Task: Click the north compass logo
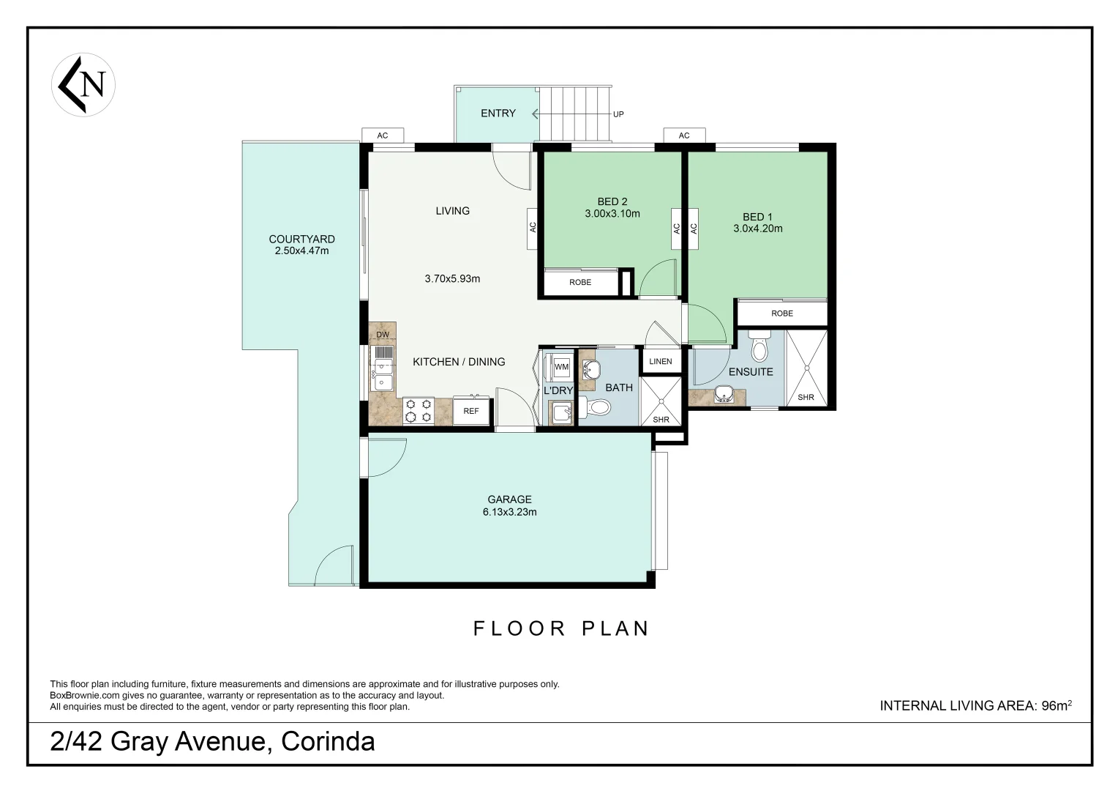[x=83, y=84]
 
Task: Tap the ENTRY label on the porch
[x=498, y=114]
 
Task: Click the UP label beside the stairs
[x=618, y=114]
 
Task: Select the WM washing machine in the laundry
[x=561, y=366]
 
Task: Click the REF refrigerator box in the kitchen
[x=471, y=411]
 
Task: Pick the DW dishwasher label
[x=382, y=335]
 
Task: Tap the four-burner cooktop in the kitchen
[x=419, y=410]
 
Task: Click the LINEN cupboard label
[x=660, y=362]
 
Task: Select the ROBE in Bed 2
[x=579, y=283]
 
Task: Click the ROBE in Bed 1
[x=781, y=313]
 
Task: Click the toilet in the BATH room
[x=596, y=407]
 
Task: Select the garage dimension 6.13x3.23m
[x=509, y=512]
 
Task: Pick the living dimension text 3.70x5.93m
[x=452, y=278]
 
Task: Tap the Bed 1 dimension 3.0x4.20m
[x=758, y=229]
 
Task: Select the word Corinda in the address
[x=328, y=742]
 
